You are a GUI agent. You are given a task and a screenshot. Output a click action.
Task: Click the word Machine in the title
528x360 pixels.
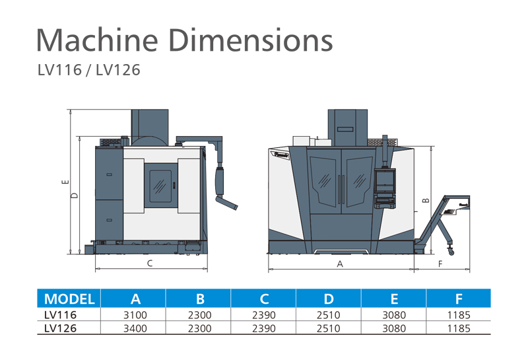pos(97,40)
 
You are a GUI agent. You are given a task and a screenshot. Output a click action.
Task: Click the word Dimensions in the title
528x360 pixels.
pos(251,40)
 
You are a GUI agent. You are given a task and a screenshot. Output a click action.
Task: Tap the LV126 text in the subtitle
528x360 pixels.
pos(118,70)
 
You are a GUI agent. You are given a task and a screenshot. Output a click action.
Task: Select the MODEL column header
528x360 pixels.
pos(69,299)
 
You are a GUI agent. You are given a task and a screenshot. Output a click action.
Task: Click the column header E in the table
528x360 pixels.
pos(394,299)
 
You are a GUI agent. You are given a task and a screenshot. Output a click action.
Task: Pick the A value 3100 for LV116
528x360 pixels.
pos(135,315)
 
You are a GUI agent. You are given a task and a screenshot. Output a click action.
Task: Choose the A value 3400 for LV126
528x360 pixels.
pos(135,328)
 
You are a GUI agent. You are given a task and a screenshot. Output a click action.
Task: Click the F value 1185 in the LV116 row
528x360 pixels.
pos(459,315)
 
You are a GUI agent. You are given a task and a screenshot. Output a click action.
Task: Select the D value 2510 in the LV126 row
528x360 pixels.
pos(328,328)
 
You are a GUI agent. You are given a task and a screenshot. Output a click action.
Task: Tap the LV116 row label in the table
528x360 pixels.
pos(60,315)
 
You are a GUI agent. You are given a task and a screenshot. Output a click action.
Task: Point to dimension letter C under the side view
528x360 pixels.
pos(150,264)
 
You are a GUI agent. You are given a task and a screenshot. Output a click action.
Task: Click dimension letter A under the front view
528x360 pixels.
pos(340,264)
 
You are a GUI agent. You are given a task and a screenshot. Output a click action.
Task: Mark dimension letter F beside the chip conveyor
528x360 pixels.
pos(440,264)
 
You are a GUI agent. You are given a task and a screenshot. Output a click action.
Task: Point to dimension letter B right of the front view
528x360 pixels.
pos(426,201)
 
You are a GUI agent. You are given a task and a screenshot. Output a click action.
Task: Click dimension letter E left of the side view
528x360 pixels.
pos(65,182)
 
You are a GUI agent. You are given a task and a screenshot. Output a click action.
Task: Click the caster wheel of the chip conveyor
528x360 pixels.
pos(451,252)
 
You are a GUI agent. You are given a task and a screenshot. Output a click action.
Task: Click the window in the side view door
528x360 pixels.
pos(160,185)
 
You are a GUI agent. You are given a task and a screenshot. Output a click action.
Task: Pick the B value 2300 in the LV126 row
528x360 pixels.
pos(200,328)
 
